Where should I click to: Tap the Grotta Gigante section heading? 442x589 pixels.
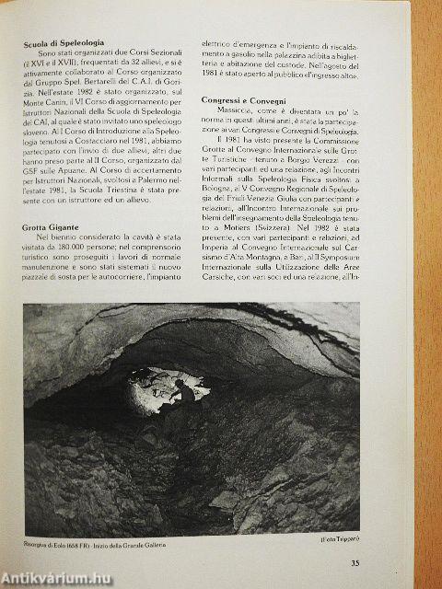[52, 225]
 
